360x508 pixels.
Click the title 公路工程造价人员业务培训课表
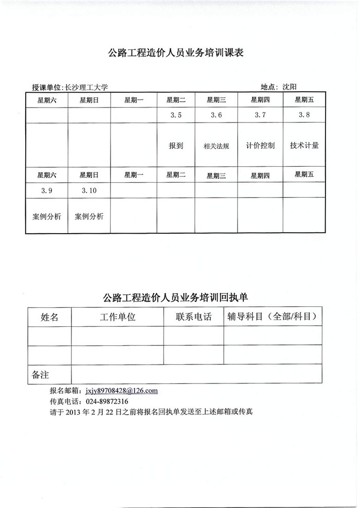[x=175, y=52]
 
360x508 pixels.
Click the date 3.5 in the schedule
[x=176, y=115]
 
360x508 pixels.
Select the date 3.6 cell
[x=216, y=115]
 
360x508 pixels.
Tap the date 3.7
[x=260, y=115]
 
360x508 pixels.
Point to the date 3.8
[x=304, y=115]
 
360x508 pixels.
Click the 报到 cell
[x=176, y=146]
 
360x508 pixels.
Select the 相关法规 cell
[x=216, y=146]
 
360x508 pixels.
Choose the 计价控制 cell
[x=260, y=146]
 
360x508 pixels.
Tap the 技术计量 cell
[x=304, y=146]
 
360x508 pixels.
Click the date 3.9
[x=47, y=190]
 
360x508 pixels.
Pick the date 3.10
[x=89, y=190]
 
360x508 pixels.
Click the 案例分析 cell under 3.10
[x=89, y=217]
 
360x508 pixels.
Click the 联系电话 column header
[x=193, y=317]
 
